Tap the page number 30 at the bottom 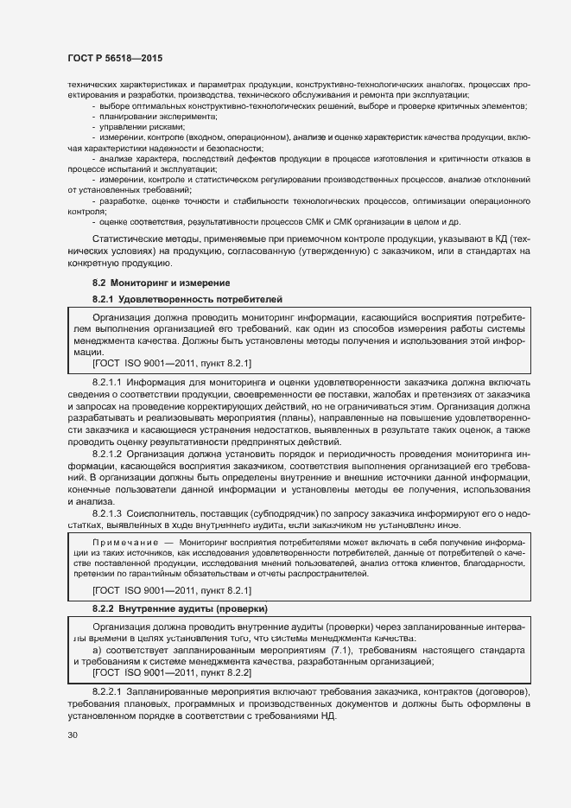coord(73,735)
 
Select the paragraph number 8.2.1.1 coord(107,381)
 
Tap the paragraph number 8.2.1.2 coord(107,454)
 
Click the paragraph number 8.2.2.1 coord(107,693)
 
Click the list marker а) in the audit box coord(97,649)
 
